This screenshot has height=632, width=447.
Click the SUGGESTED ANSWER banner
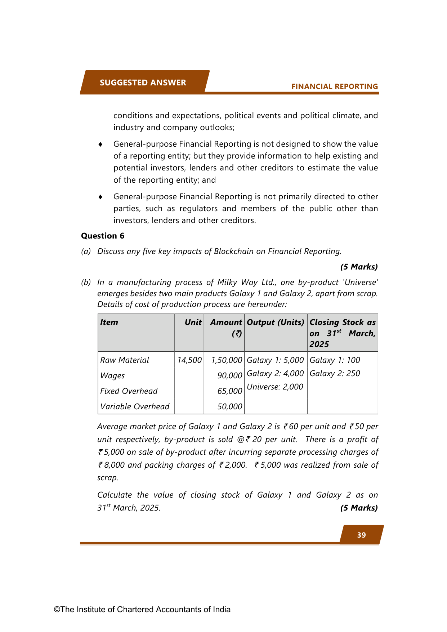(x=143, y=83)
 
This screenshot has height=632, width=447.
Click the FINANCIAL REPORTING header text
(x=335, y=86)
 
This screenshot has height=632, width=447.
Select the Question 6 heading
(x=103, y=236)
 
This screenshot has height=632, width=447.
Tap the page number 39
(x=361, y=535)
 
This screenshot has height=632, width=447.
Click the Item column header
(x=109, y=322)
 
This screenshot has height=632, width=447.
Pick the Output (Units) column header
(x=276, y=322)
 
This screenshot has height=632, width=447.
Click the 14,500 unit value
(x=189, y=360)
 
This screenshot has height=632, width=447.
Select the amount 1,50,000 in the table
(x=227, y=360)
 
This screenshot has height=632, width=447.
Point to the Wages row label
(x=112, y=375)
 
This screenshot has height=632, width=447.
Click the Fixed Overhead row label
(x=129, y=391)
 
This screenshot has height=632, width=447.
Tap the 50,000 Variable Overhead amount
(x=230, y=406)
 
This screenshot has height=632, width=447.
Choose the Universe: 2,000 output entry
(x=275, y=387)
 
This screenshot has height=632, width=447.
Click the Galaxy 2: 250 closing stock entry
(x=335, y=373)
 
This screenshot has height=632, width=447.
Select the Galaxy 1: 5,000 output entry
(x=275, y=360)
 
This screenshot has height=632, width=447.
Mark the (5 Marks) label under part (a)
(x=359, y=267)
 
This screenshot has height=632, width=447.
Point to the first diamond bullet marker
(x=100, y=144)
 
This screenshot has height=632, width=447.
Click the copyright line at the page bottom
(x=142, y=609)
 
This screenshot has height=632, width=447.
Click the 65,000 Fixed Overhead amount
(x=230, y=391)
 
